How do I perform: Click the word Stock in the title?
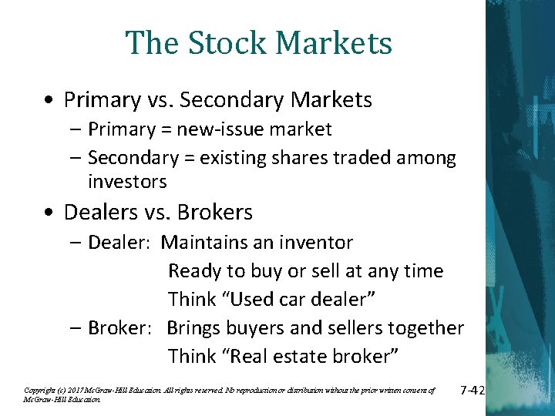pos(218,43)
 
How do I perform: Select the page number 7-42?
pos(471,391)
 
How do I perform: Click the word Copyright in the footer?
pos(39,391)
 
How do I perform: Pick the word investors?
pos(127,182)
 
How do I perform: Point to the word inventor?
pos(314,243)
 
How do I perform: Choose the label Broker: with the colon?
pos(121,327)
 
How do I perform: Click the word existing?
pos(230,159)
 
